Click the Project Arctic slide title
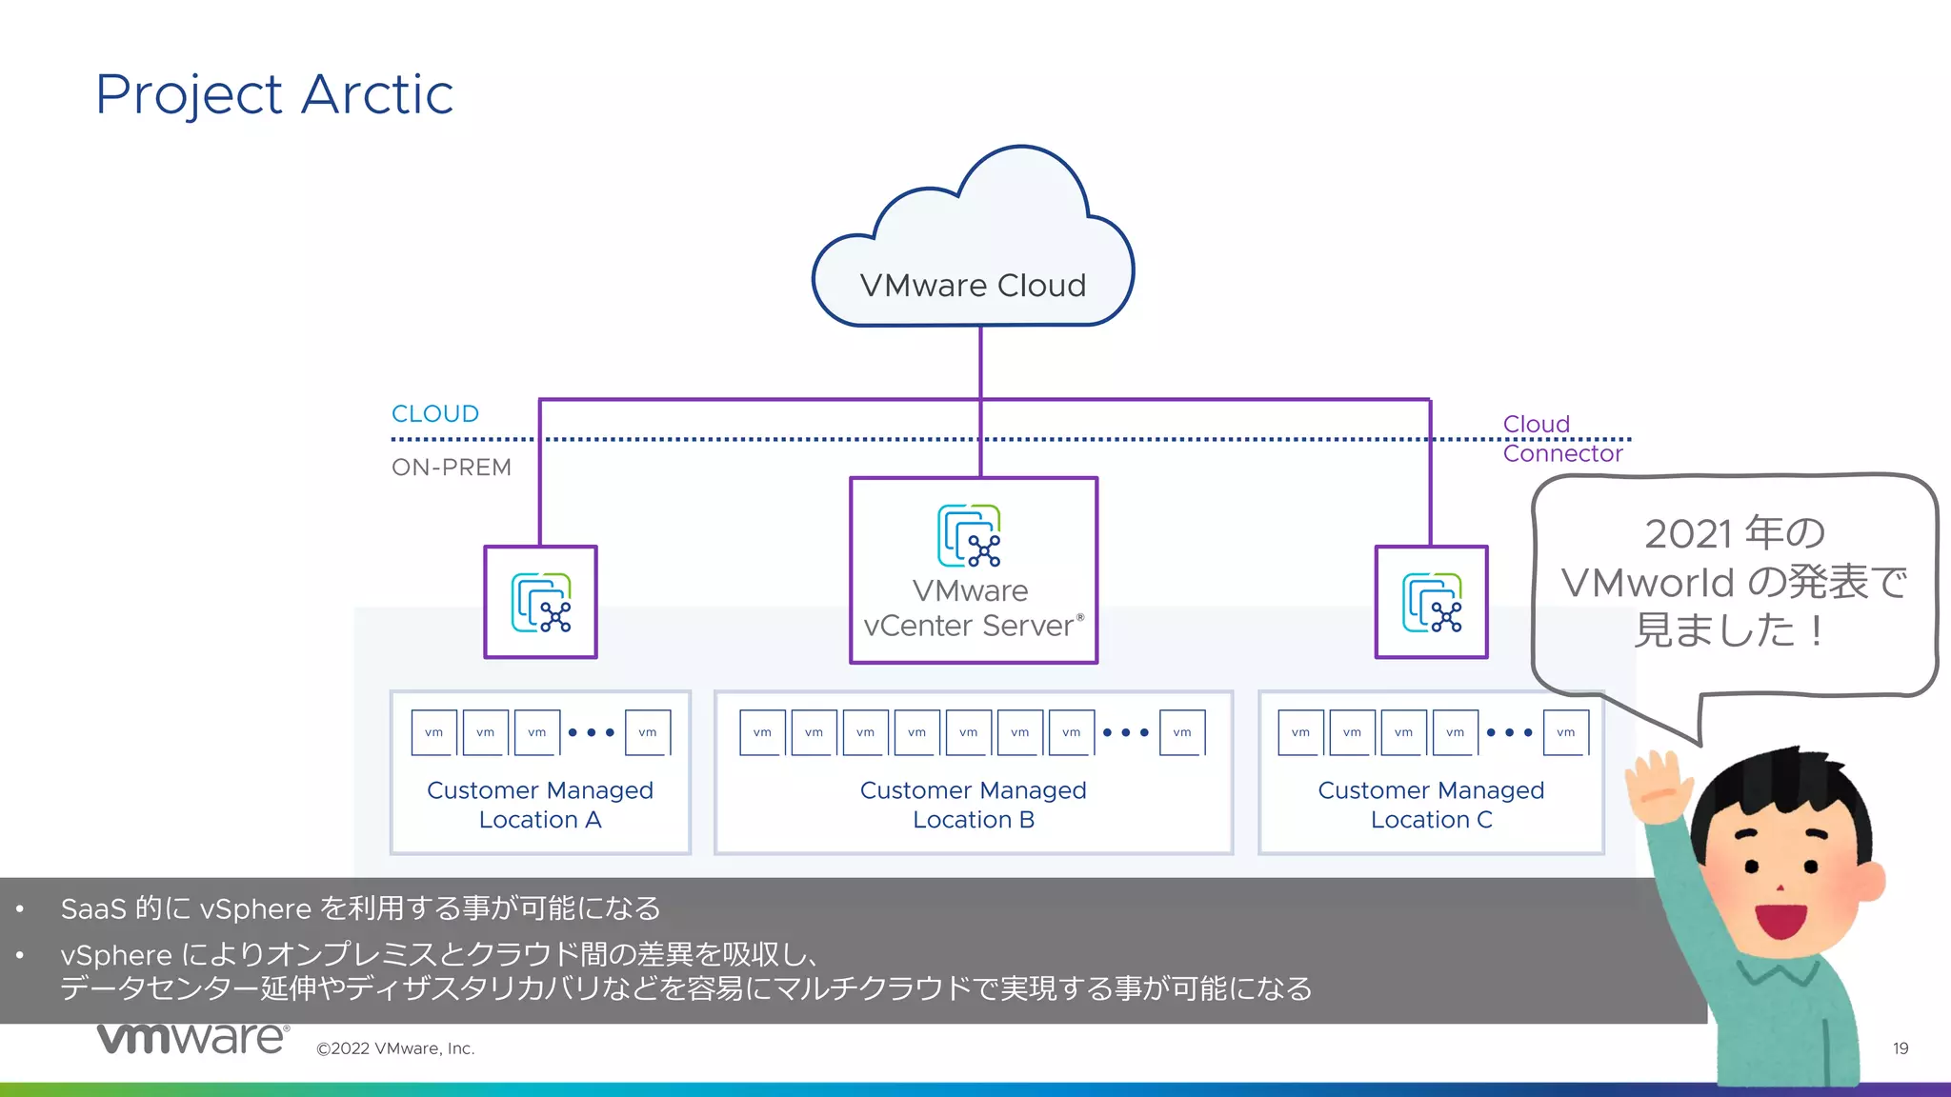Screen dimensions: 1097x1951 (274, 94)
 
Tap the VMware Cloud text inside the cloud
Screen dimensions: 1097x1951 (973, 286)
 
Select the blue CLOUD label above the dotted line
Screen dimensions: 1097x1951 (435, 414)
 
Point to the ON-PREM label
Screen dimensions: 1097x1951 (452, 468)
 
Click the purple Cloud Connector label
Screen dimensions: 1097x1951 (1561, 439)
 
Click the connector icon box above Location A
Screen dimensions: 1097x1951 (540, 602)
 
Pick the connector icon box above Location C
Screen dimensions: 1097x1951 (1431, 602)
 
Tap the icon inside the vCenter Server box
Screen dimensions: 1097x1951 (970, 536)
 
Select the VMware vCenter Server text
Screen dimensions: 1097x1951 (972, 608)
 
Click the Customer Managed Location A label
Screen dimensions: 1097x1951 (540, 805)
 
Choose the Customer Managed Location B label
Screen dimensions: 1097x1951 (973, 805)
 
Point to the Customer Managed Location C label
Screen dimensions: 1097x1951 (1431, 805)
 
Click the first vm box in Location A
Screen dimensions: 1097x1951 (434, 732)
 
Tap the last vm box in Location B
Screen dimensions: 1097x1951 (1182, 732)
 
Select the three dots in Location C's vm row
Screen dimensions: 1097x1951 (1509, 732)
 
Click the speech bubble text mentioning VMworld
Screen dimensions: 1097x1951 (1734, 582)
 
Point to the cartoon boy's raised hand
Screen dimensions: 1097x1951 (1658, 786)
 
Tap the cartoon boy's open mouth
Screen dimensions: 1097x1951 (1780, 920)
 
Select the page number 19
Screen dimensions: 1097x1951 (1900, 1048)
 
